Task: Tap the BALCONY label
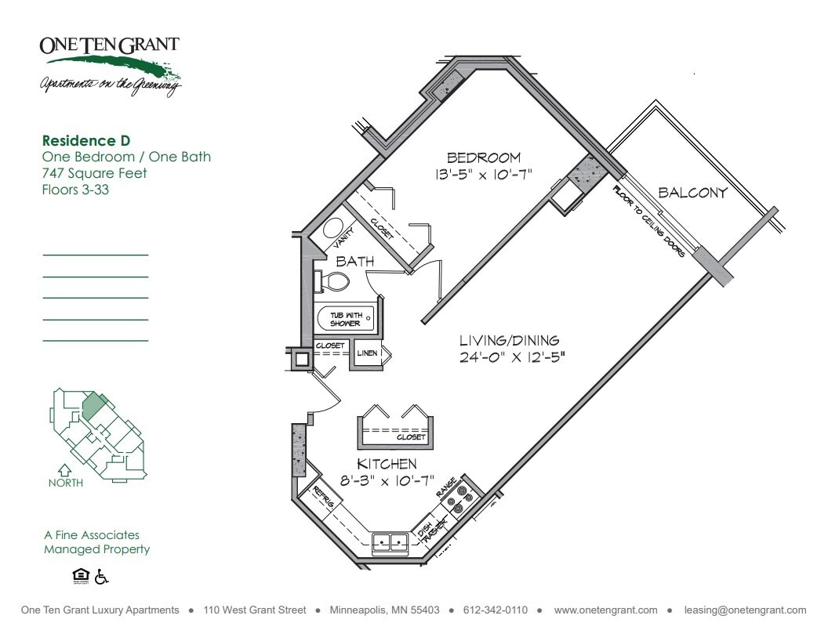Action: [692, 192]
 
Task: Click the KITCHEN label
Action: [387, 464]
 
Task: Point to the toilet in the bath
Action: [335, 281]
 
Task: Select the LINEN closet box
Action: [367, 353]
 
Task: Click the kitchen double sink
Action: [390, 541]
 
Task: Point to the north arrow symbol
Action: [65, 471]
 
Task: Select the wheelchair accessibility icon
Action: [101, 577]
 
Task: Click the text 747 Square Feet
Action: [94, 173]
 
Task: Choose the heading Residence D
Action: [85, 141]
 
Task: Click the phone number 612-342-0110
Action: [496, 610]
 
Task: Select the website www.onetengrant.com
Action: [605, 610]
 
